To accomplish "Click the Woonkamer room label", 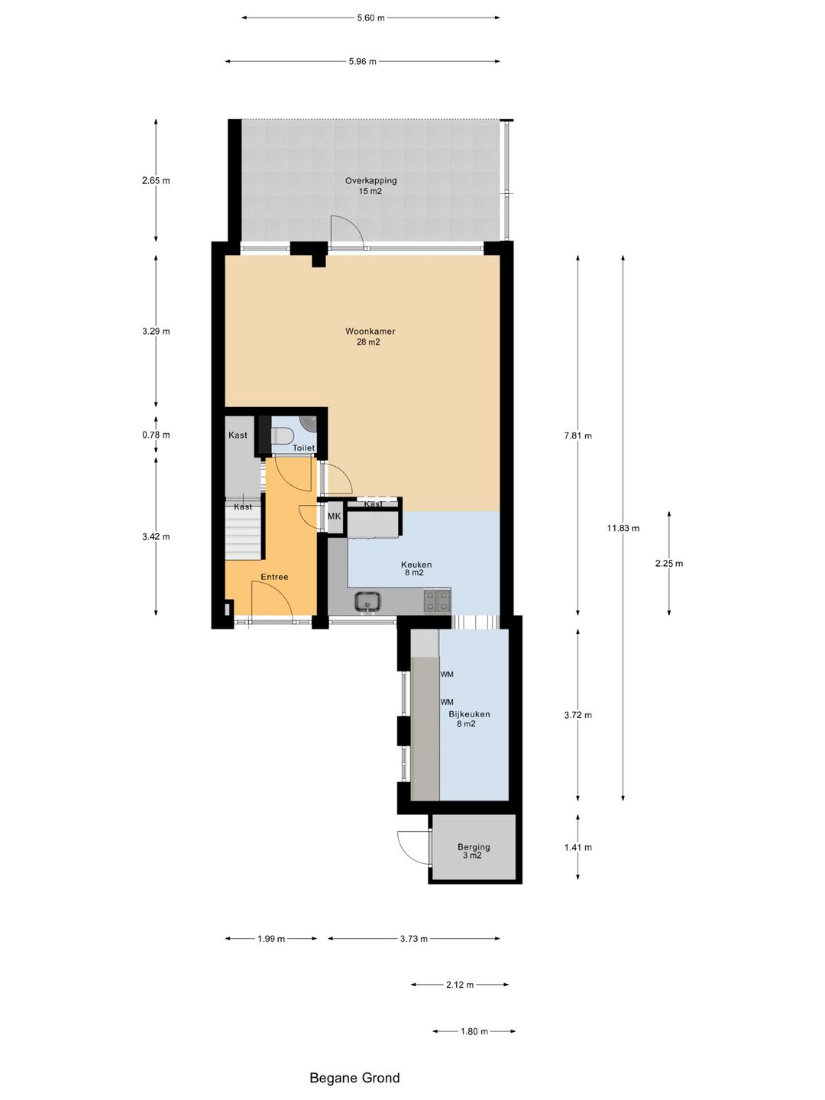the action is tap(370, 332).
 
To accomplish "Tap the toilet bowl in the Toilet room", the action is tap(282, 435).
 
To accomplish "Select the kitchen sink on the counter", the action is tap(368, 602).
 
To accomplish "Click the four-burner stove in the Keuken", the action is tap(437, 601).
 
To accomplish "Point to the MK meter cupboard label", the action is tap(334, 516).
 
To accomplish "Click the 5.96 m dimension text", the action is tap(363, 62).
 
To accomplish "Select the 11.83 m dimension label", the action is tap(623, 528).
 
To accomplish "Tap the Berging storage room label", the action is tap(474, 847).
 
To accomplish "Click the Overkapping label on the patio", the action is tap(370, 180).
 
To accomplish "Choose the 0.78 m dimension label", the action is tap(156, 435).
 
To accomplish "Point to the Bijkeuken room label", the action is tap(469, 714).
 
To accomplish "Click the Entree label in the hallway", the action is tap(274, 577).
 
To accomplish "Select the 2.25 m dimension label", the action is tap(669, 563).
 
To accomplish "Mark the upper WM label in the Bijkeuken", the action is tap(447, 674).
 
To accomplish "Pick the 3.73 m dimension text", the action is tap(414, 939).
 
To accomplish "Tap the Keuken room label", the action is tap(416, 565).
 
